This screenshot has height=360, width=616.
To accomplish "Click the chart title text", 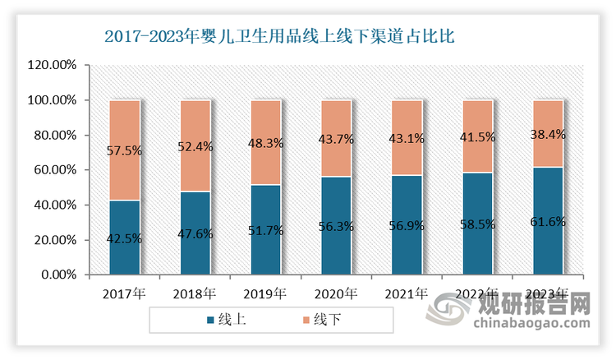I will point(280,37).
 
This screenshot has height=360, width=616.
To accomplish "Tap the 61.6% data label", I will point(548,221).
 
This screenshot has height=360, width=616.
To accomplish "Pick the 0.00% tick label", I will point(58,275).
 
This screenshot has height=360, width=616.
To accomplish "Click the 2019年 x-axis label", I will point(265,293).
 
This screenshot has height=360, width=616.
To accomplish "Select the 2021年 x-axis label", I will point(407,293).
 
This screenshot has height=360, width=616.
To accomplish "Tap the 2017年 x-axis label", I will point(124,293).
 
